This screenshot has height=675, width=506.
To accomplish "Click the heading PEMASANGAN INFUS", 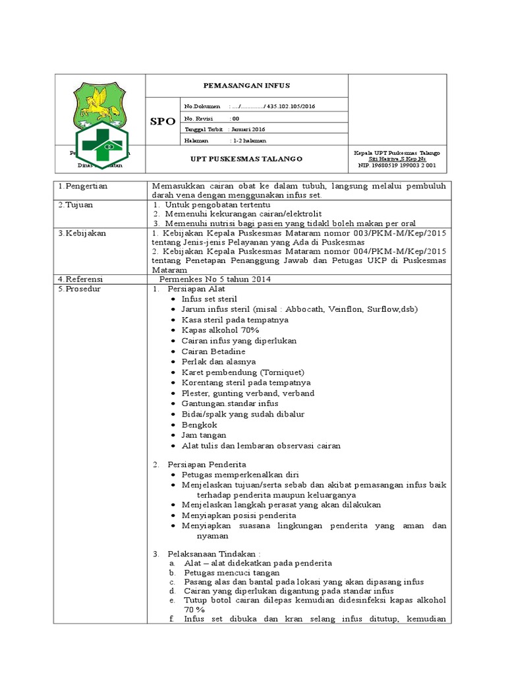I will (x=245, y=86).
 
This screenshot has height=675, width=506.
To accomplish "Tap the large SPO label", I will (x=162, y=122).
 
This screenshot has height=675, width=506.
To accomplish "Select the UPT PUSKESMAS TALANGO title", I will (x=245, y=159).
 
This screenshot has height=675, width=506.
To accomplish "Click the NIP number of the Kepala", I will (x=397, y=165).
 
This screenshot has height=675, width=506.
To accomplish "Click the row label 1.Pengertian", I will (x=83, y=186).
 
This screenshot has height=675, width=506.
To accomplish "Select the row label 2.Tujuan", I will (x=76, y=204).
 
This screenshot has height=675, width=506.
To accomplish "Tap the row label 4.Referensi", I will (x=82, y=279).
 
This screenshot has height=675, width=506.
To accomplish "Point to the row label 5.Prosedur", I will (x=80, y=289).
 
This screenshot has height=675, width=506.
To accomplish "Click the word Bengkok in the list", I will (x=199, y=425).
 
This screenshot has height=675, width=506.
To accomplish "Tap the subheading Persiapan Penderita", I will (x=207, y=465).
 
